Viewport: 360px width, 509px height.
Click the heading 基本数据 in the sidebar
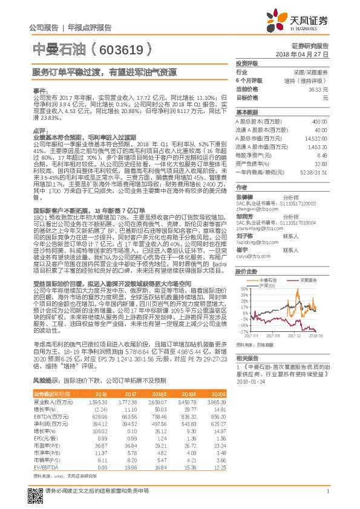(x=247, y=112)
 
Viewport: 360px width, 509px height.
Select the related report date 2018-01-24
(x=250, y=381)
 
